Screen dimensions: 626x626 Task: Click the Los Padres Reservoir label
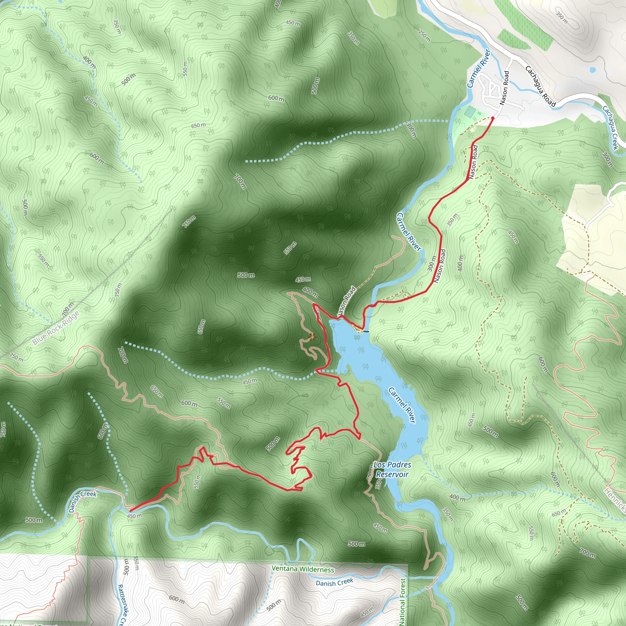pos(392,469)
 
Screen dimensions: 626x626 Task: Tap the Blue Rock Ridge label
pos(56,328)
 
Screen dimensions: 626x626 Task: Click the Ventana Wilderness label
pos(303,569)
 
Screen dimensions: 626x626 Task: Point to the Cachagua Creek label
pos(610,128)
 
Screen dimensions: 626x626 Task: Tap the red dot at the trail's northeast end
pos(492,118)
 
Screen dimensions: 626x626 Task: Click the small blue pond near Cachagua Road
pos(593,70)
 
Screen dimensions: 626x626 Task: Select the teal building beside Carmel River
pos(469,112)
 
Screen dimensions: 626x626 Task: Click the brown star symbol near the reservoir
pos(312,337)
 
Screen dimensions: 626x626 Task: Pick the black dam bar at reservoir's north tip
pos(366,331)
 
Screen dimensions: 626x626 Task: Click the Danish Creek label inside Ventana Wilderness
pos(334,583)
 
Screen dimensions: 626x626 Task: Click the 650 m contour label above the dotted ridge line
pos(198,125)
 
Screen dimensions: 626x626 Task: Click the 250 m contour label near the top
pos(424,36)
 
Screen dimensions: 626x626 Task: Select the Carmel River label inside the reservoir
pos(402,405)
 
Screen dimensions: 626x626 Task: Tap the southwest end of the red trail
pos(130,511)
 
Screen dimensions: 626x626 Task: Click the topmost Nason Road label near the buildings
pos(504,88)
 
